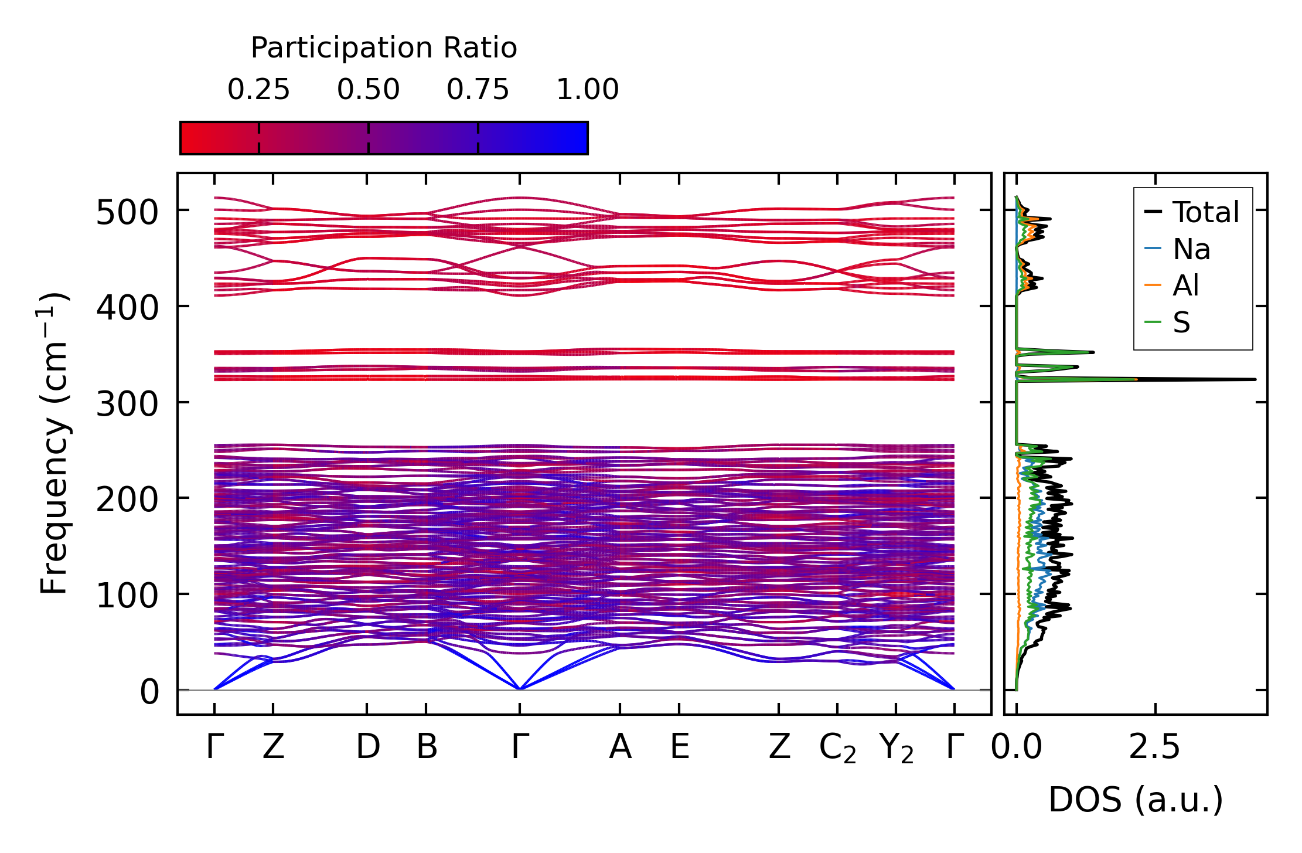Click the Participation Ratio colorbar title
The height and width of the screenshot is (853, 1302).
[x=384, y=48]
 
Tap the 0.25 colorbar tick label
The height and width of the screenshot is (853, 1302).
[x=258, y=90]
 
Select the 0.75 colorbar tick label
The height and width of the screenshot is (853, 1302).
[x=478, y=90]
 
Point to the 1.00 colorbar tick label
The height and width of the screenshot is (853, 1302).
[x=587, y=90]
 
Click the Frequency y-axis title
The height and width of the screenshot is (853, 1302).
[x=54, y=443]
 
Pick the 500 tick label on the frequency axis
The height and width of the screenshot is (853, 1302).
[x=127, y=212]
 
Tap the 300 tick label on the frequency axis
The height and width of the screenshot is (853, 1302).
[x=127, y=404]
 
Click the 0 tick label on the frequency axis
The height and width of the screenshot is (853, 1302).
[x=149, y=692]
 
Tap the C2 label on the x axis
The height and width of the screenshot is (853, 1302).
[x=837, y=749]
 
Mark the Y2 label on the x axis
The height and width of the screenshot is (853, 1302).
[x=897, y=749]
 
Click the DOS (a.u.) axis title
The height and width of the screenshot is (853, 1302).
[x=1136, y=800]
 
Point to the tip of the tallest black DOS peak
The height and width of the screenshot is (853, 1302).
[x=1255, y=379]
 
